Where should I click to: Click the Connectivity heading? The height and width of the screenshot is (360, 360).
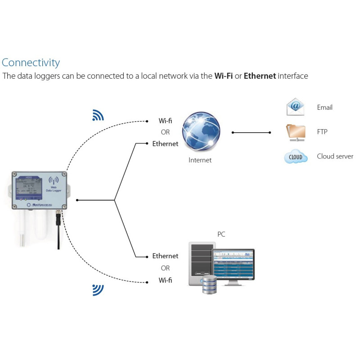point(31,63)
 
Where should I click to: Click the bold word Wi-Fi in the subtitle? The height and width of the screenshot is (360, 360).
point(223,76)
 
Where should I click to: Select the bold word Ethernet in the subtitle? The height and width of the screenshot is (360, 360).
point(260,76)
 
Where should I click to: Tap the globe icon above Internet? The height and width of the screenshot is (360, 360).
point(201,131)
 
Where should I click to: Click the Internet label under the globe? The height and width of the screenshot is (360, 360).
point(200,160)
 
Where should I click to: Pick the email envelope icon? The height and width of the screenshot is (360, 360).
point(295,107)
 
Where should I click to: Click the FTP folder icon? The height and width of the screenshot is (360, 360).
point(296,132)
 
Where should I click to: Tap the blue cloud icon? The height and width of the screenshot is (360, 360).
point(296,157)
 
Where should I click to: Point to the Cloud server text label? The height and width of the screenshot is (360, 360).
point(335,157)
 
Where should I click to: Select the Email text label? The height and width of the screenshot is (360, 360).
point(324,108)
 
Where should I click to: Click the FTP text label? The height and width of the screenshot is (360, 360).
point(323,132)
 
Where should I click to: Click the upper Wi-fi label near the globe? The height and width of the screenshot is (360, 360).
point(165,121)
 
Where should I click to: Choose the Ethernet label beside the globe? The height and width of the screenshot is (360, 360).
point(165,144)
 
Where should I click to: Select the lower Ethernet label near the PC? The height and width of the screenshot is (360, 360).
point(165,256)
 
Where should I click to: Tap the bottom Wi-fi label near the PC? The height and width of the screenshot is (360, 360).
point(165,280)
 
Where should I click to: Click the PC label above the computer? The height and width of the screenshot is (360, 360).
point(221,234)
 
